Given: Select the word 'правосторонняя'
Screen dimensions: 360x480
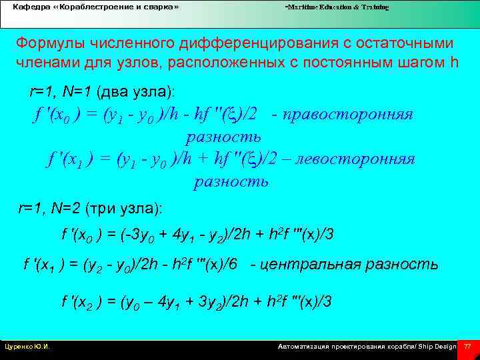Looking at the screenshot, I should click(x=348, y=114).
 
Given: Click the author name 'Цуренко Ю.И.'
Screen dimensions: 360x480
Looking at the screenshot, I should click(x=27, y=347).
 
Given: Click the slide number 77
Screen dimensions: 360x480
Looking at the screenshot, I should click(x=468, y=347).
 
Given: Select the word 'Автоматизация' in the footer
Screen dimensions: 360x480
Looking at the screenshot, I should click(x=301, y=347).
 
